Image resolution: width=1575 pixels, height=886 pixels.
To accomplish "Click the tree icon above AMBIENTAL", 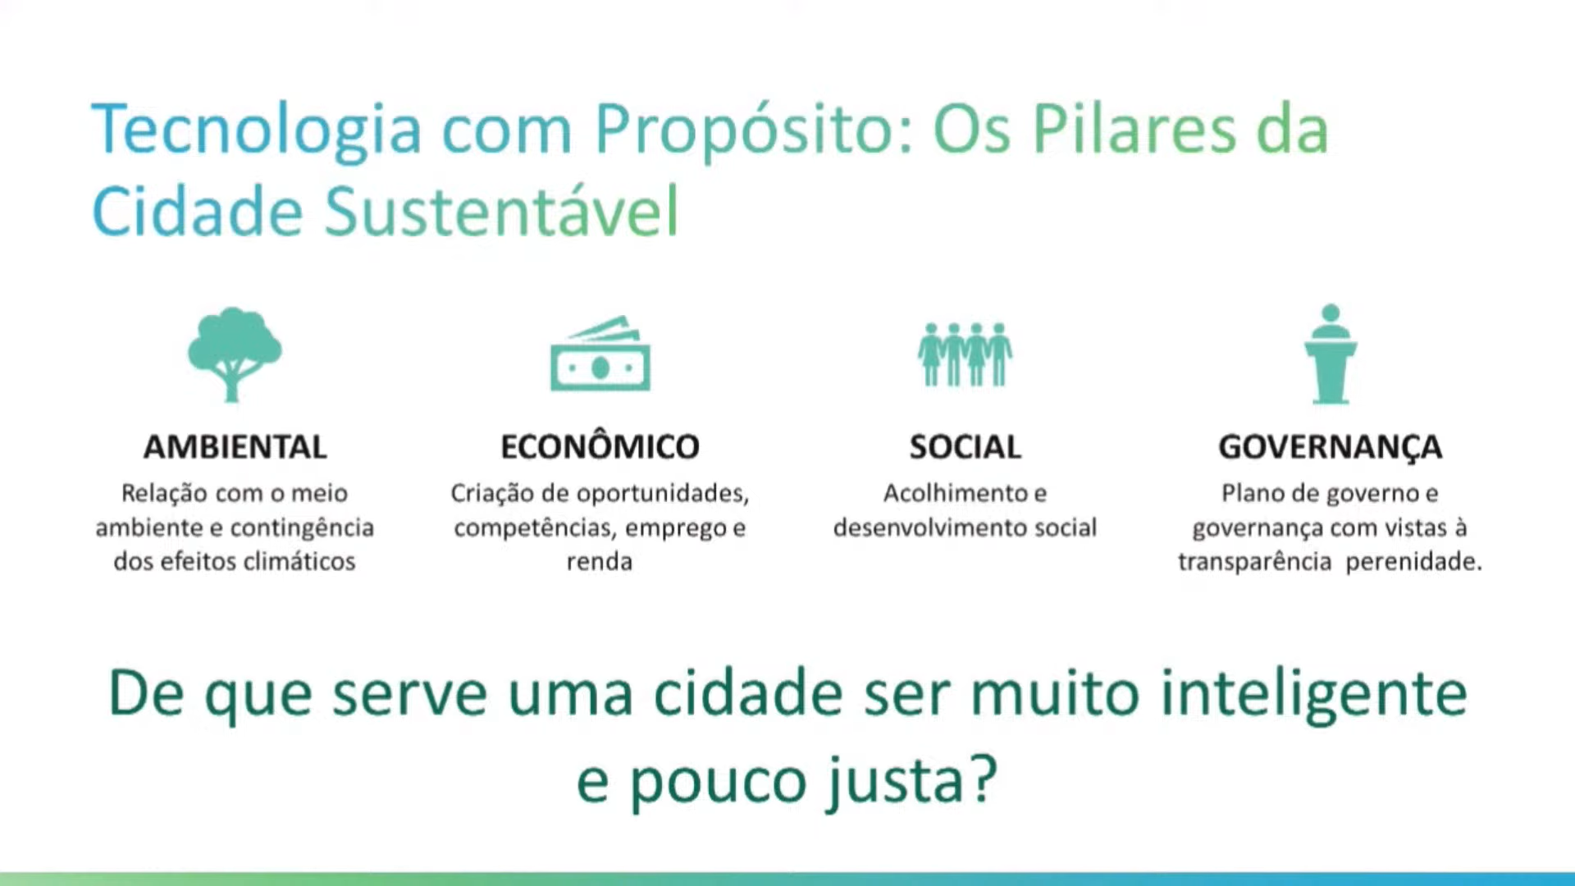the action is tap(235, 354).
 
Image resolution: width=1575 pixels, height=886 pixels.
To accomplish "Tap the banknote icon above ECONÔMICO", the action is tap(600, 354).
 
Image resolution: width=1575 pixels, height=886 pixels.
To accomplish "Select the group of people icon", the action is tap(965, 354).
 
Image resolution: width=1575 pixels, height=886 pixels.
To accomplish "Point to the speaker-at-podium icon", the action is tap(1331, 354).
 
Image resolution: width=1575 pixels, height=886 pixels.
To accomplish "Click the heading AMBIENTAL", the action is tap(235, 447).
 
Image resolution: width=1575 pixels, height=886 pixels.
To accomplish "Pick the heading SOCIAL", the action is tap(966, 447).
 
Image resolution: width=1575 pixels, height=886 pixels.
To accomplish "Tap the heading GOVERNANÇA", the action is tap(1330, 448).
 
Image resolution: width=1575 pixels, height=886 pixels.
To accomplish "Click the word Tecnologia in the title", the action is tap(257, 130).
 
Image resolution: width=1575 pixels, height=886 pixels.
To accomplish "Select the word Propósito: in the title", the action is tap(753, 130).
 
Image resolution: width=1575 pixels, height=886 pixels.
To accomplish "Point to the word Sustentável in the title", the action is tap(502, 211).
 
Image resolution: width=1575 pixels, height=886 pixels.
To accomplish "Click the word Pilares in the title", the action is tap(1134, 129).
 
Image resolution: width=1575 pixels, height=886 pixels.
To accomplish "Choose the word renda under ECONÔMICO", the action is tap(600, 563).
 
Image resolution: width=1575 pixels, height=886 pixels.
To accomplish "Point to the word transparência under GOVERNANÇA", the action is tap(1255, 563).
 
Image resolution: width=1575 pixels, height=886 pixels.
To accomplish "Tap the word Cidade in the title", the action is tap(198, 211).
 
